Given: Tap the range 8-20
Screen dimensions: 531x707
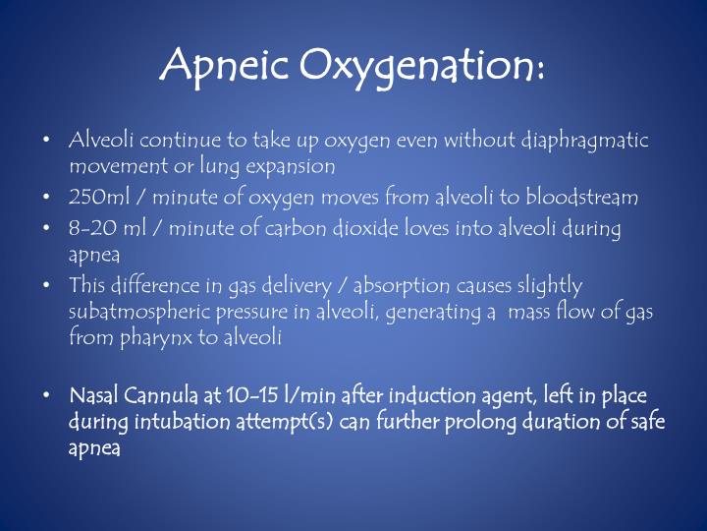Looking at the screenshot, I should point(90,228).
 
